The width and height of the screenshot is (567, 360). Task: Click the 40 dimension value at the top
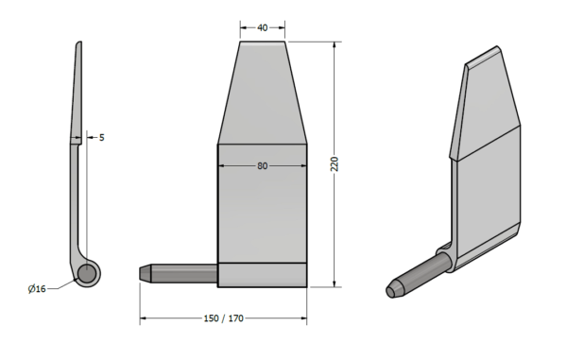(x=263, y=27)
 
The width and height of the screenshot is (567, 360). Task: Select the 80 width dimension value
(x=263, y=166)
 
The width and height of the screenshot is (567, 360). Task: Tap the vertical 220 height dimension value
(x=335, y=164)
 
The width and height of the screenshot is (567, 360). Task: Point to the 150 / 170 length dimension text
(x=223, y=318)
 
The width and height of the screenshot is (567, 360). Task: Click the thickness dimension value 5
(x=102, y=138)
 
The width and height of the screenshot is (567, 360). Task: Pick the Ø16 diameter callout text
(x=37, y=289)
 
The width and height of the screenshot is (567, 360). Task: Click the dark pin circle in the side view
(x=87, y=273)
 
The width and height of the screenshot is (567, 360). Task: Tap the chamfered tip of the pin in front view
(x=145, y=273)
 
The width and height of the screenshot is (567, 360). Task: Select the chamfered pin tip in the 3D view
(x=394, y=290)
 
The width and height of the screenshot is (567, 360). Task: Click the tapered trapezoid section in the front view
(x=263, y=93)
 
